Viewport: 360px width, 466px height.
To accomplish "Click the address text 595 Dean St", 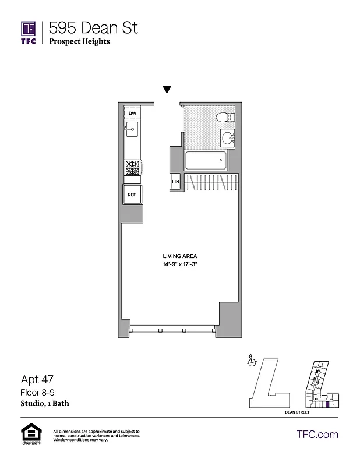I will coord(93,27).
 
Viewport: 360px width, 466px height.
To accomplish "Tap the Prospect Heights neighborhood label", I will coord(79,41).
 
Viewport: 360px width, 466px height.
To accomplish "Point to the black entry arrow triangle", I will coord(167,90).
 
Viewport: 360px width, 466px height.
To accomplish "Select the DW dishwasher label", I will coord(133,113).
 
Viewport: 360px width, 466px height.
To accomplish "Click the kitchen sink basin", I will coord(132,130).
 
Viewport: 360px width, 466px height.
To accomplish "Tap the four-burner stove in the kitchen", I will coord(132,167).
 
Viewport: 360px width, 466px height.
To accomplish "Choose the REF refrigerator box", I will coord(132,195).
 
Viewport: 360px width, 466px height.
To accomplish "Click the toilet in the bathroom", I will coord(225,118).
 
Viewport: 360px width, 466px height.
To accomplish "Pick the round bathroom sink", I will coord(228,138).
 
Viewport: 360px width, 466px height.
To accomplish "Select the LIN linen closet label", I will coord(175,182).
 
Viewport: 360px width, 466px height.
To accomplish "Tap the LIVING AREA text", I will coord(180,256).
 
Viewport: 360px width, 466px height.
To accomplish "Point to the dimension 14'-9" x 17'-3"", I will coord(180,264).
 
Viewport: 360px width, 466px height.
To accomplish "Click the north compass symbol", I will coord(252,362).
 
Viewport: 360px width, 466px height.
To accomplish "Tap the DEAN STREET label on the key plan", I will coord(297,412).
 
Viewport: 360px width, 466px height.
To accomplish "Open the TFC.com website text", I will coord(317,434).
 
